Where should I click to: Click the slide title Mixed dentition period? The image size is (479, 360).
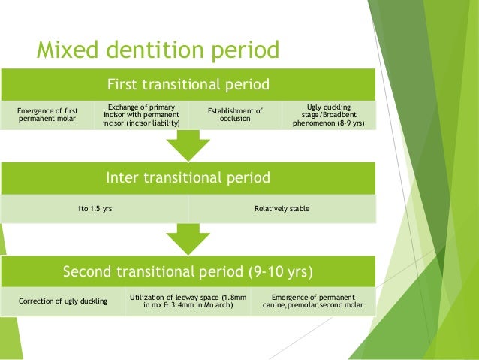[158, 50]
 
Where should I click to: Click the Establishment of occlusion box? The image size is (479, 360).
[235, 115]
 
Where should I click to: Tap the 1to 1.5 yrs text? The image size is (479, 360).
[95, 208]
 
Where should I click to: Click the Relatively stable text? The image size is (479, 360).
[282, 208]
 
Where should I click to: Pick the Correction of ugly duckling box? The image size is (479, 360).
[62, 301]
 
